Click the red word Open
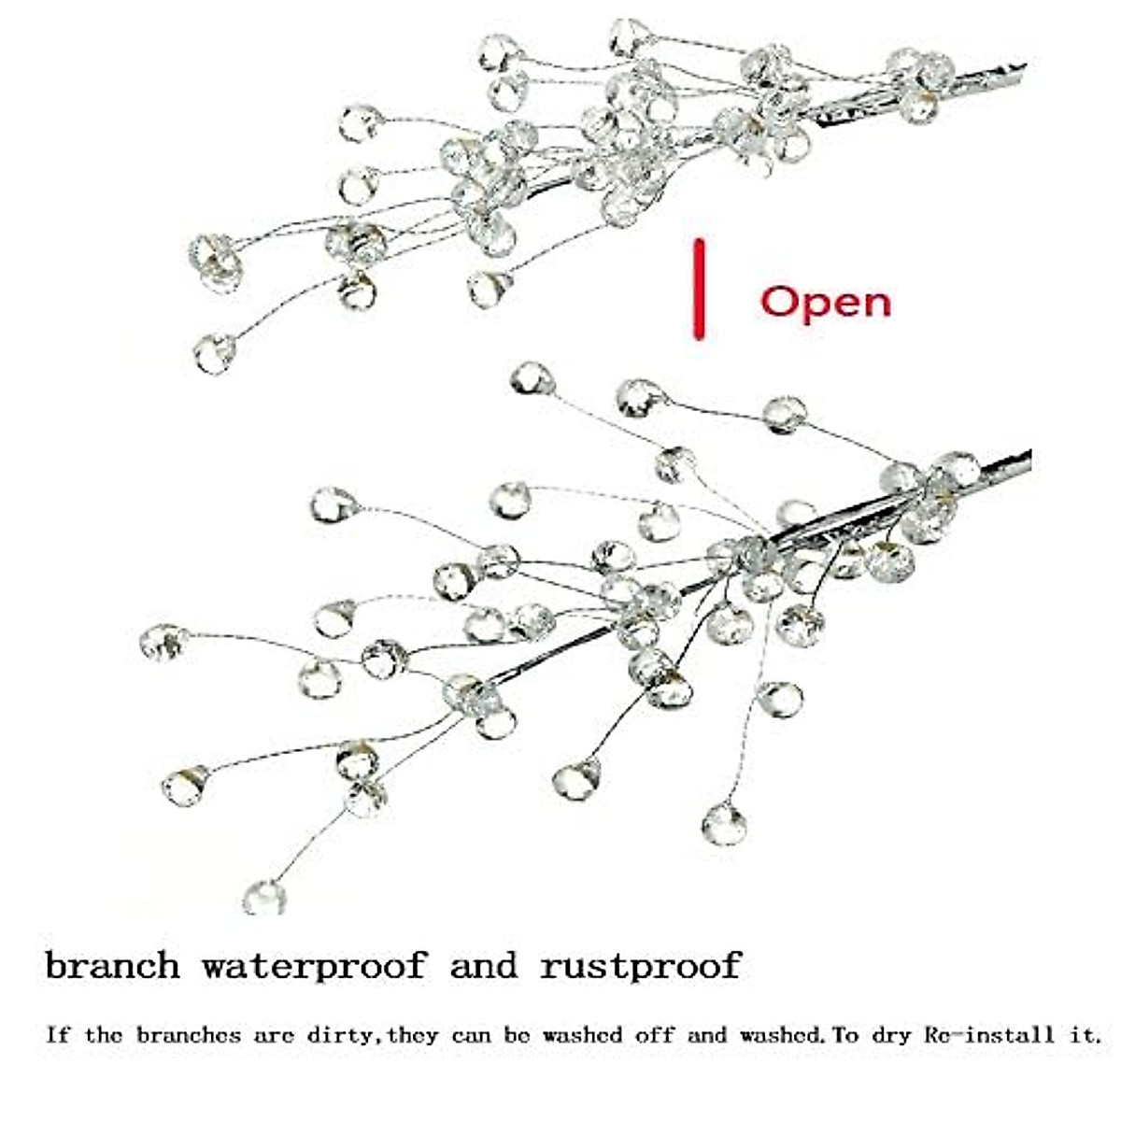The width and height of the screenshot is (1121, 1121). [826, 303]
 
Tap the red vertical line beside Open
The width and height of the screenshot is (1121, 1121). [698, 290]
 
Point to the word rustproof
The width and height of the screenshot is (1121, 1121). [641, 965]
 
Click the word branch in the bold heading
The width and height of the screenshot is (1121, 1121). [112, 965]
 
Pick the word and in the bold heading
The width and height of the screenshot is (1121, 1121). [483, 965]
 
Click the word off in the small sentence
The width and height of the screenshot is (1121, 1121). [654, 1035]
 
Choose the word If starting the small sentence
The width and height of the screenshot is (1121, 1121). [57, 1035]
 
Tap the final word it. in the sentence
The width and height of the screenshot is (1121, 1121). [1084, 1035]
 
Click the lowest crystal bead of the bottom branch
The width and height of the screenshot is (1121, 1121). [264, 898]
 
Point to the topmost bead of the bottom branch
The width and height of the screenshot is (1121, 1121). [532, 378]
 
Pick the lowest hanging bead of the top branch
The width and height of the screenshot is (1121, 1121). [215, 353]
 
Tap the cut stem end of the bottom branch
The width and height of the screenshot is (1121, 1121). [1026, 458]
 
